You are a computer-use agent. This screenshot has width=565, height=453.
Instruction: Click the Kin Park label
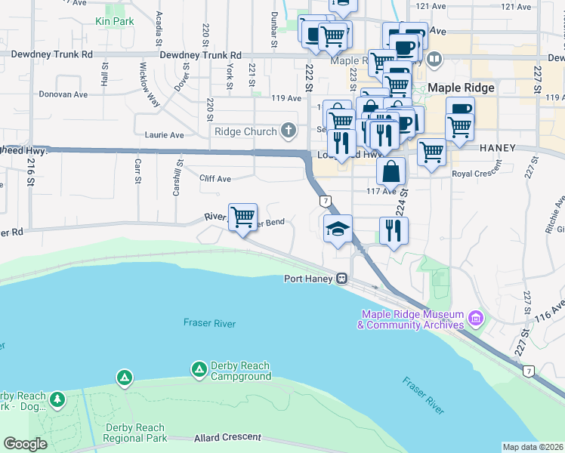click(115, 21)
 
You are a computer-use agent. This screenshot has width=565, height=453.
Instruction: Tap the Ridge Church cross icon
click(288, 131)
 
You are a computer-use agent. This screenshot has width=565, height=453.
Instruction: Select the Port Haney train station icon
click(342, 279)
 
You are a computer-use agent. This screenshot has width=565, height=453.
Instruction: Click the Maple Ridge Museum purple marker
click(475, 319)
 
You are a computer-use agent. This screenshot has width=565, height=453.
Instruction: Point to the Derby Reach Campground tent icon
click(199, 369)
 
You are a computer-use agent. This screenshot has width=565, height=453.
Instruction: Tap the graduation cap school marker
click(338, 229)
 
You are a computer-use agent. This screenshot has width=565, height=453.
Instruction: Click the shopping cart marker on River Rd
click(242, 217)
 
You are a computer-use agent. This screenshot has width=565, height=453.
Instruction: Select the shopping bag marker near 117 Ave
click(391, 172)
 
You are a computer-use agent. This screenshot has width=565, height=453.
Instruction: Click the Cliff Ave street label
click(215, 179)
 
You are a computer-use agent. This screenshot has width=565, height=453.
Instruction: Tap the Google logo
click(25, 444)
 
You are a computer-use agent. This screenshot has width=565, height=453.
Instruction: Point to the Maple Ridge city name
click(461, 88)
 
